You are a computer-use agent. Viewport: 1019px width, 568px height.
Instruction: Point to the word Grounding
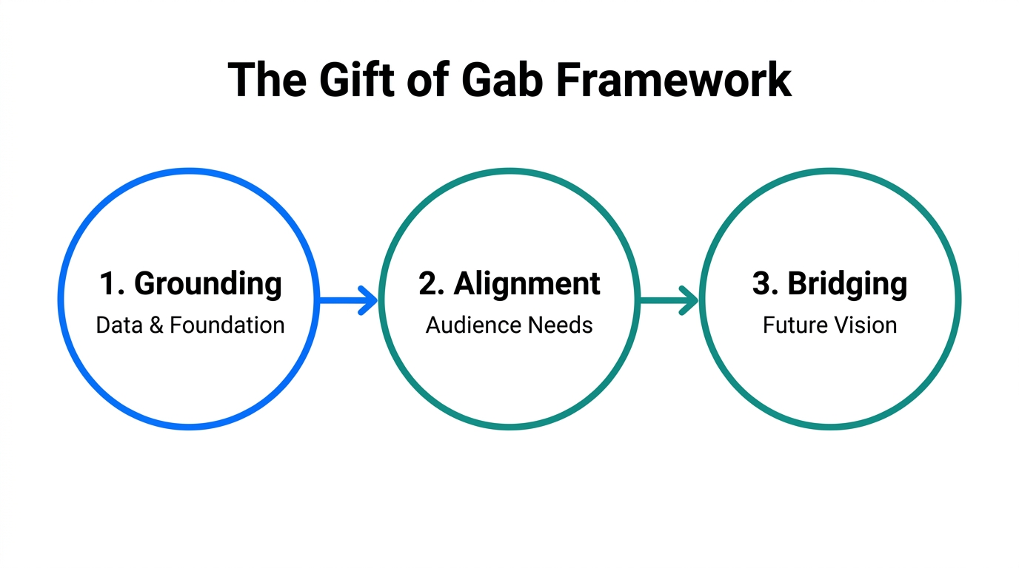pyautogui.click(x=208, y=285)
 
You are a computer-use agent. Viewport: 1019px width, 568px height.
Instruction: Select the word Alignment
pyautogui.click(x=527, y=285)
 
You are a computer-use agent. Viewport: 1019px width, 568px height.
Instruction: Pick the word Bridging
pyautogui.click(x=846, y=285)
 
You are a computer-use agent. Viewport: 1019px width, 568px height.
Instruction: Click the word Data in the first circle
pyautogui.click(x=119, y=325)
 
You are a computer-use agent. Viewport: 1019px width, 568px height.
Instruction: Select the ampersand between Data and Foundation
pyautogui.click(x=156, y=325)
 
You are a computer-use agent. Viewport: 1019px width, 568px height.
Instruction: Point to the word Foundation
pyautogui.click(x=227, y=325)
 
